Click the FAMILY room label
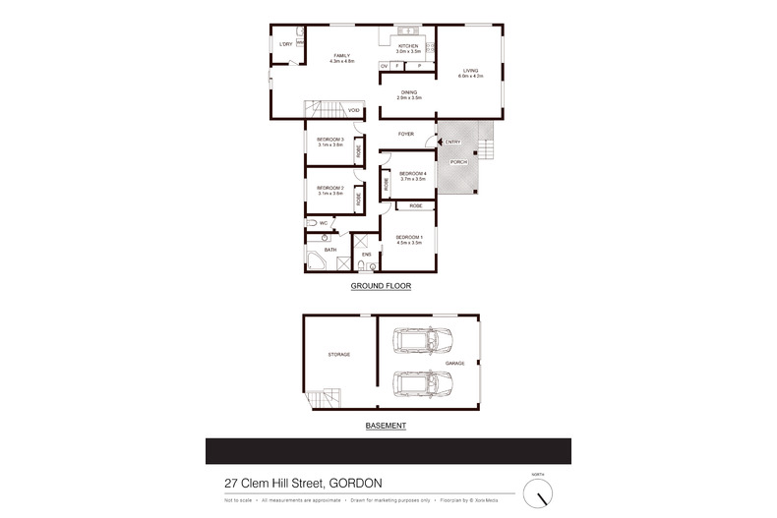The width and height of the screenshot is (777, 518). pos(341,56)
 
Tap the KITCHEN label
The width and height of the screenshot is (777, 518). pos(408,46)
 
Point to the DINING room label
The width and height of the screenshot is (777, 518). pos(408,92)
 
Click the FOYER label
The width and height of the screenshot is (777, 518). pos(405,133)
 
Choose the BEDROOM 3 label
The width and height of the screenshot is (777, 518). pos(329,140)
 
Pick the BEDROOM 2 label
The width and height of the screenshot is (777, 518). pos(329,188)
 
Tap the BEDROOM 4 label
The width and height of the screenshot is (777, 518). pos(412,174)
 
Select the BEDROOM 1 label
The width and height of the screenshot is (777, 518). pos(408,237)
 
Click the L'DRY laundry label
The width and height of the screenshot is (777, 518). pos(286,44)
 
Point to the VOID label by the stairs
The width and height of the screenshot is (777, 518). pos(353,110)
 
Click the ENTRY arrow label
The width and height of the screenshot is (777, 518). pos(451,142)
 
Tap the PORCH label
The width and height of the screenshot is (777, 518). pos(457,161)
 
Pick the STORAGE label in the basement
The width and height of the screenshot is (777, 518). pos(338,354)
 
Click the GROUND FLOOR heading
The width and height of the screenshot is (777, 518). pos(381,285)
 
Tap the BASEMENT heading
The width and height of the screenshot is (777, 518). pos(386,426)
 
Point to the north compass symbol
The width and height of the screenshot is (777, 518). pos(538,490)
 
